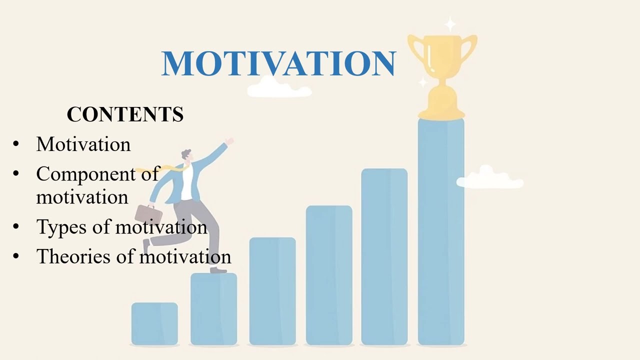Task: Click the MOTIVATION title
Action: click(x=278, y=63)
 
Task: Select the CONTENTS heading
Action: click(x=125, y=114)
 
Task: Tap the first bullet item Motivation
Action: click(x=83, y=144)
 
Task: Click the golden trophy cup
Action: click(x=442, y=70)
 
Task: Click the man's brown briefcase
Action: click(x=148, y=214)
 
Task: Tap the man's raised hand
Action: click(x=229, y=142)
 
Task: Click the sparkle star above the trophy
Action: click(x=450, y=24)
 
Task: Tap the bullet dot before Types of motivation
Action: click(x=16, y=227)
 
